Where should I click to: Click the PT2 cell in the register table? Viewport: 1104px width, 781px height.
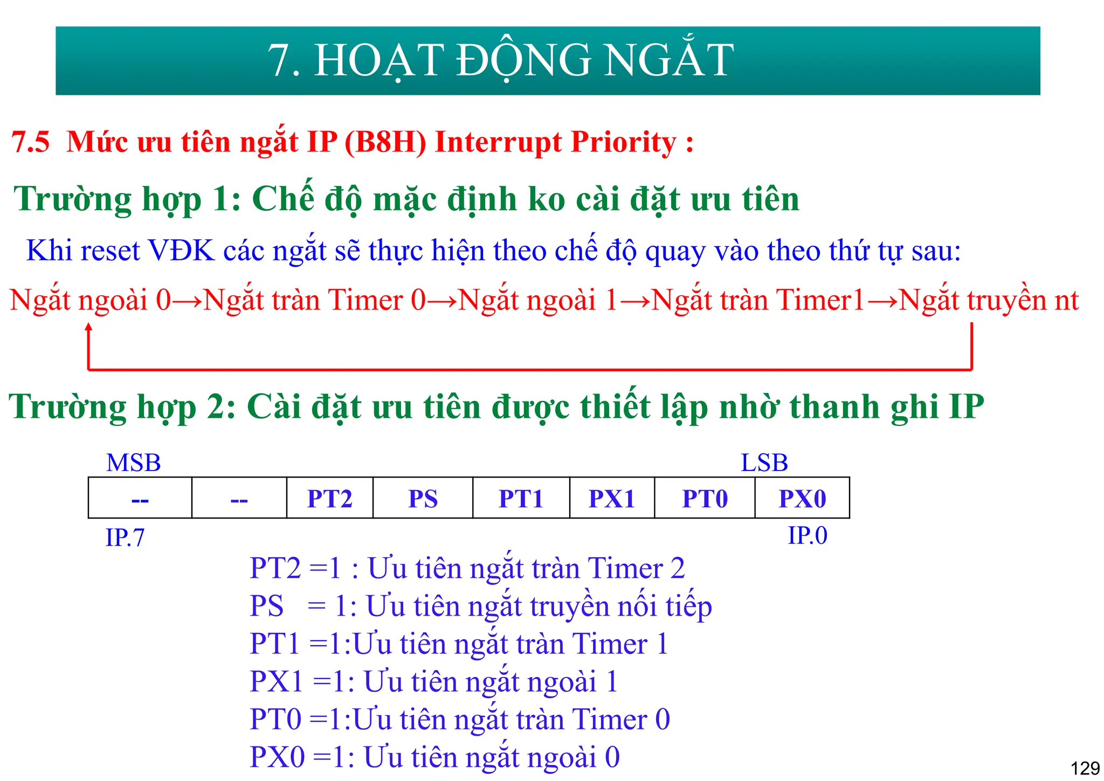[329, 499]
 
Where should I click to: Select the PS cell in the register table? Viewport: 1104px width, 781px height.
[423, 499]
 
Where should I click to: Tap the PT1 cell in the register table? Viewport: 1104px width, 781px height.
[521, 499]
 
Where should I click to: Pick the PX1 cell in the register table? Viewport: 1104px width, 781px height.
[612, 499]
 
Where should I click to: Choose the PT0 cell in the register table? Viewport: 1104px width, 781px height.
[705, 499]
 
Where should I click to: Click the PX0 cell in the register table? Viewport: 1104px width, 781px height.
[802, 499]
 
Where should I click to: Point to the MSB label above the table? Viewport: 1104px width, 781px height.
[134, 463]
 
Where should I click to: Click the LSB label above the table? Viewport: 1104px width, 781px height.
[764, 463]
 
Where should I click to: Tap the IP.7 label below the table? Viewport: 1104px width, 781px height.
[125, 538]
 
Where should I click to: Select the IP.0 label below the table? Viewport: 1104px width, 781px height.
[807, 536]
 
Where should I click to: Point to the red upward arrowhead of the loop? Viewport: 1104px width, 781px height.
[89, 327]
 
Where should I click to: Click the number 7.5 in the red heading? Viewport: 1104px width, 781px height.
[31, 142]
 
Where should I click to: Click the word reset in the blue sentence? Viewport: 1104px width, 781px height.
[110, 251]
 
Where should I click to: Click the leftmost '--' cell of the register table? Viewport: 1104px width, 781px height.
[140, 499]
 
